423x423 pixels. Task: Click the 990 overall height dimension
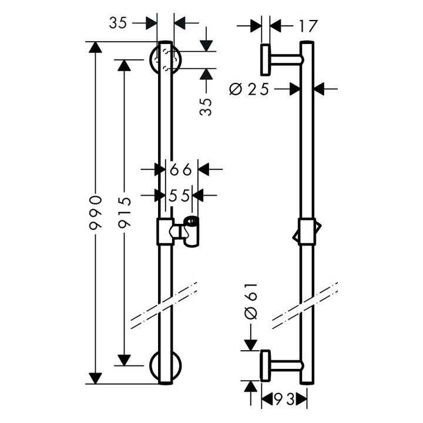[x=96, y=213]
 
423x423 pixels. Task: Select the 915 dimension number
[x=125, y=213]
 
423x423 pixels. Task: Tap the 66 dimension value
[x=181, y=169]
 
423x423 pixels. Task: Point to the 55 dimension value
[x=179, y=195]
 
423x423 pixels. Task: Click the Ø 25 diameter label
[x=249, y=89]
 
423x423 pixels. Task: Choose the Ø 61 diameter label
[x=251, y=301]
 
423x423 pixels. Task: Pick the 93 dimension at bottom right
[x=284, y=399]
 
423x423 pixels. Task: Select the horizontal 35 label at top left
[x=117, y=23]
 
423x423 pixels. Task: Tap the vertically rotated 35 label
[x=206, y=107]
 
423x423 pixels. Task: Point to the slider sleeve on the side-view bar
[x=307, y=231]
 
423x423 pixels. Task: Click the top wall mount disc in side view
[x=265, y=59]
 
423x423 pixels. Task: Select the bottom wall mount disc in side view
[x=265, y=365]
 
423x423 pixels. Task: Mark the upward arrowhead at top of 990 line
[x=96, y=47]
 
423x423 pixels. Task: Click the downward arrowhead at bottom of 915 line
[x=125, y=360]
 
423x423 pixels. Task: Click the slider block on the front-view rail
[x=165, y=231]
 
